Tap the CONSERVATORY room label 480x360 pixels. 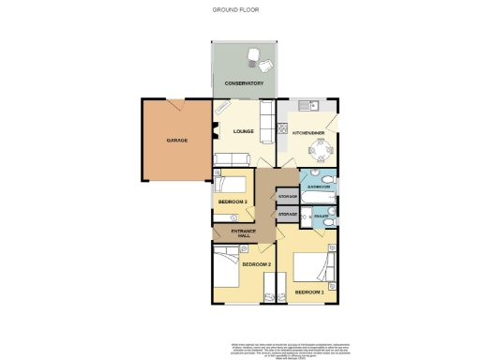pyautogui.click(x=244, y=83)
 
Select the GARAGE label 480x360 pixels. pyautogui.click(x=177, y=140)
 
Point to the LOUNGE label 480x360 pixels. pyautogui.click(x=244, y=131)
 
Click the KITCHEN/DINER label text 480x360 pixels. pyautogui.click(x=309, y=133)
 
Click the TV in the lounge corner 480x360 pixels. pyautogui.click(x=221, y=108)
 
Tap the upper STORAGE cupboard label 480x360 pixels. pyautogui.click(x=288, y=196)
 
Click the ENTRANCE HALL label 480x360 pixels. pyautogui.click(x=233, y=233)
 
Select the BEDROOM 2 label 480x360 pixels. pyautogui.click(x=256, y=264)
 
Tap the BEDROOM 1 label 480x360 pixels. pyautogui.click(x=309, y=292)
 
